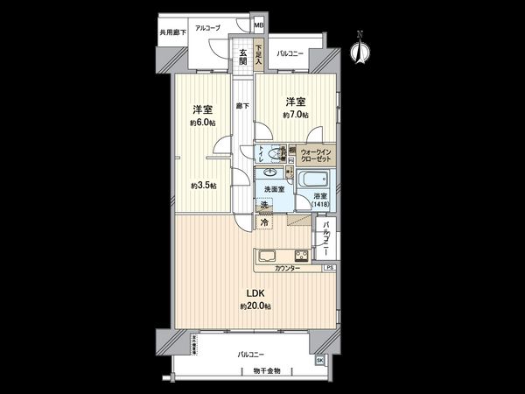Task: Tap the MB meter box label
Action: click(x=258, y=25)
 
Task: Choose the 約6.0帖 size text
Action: click(x=203, y=122)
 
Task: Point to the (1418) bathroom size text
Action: click(x=323, y=205)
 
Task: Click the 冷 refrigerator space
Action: click(x=264, y=223)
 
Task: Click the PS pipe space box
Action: click(x=329, y=267)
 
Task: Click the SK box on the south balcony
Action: click(x=318, y=360)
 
